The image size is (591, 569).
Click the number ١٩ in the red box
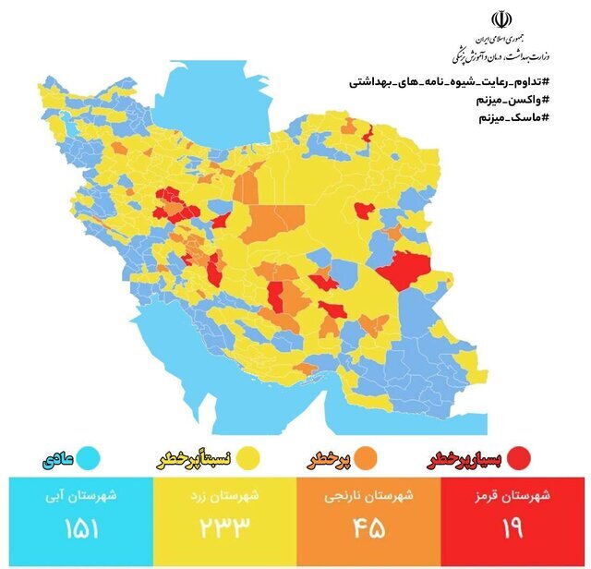pos(513,530)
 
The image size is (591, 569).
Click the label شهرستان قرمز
pos(516,496)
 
